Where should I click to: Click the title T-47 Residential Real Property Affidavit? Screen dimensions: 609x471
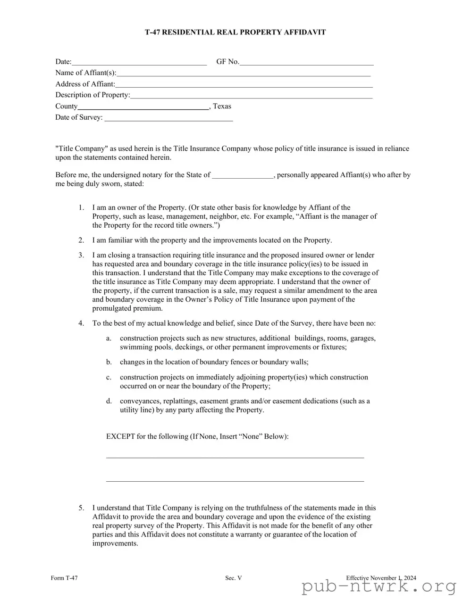235,33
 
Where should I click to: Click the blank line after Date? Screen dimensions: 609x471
139,62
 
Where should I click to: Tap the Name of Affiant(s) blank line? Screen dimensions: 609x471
243,74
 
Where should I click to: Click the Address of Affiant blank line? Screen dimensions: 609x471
244,85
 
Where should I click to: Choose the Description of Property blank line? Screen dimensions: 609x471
251,96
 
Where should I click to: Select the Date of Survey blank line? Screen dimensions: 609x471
168,118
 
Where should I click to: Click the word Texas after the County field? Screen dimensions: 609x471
222,107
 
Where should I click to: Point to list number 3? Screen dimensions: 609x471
81,255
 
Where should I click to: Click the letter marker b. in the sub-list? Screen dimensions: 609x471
109,362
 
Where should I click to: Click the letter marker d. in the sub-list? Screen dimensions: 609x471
109,401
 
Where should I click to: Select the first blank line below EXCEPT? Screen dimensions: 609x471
235,457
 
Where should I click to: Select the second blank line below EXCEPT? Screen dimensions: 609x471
235,481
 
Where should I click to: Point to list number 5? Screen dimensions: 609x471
81,508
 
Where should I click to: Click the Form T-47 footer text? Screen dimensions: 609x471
64,578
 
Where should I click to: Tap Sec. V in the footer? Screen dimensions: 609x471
233,578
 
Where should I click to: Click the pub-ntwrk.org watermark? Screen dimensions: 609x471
379,587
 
